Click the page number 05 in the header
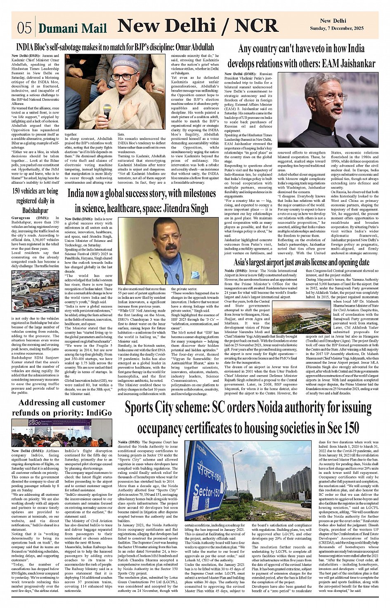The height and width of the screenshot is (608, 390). [24, 28]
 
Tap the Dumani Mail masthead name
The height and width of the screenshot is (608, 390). [73, 28]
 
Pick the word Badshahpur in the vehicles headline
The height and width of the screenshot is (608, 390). [35, 211]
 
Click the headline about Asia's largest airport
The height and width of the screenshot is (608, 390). [301, 263]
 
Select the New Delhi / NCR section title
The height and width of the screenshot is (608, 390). [198, 26]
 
